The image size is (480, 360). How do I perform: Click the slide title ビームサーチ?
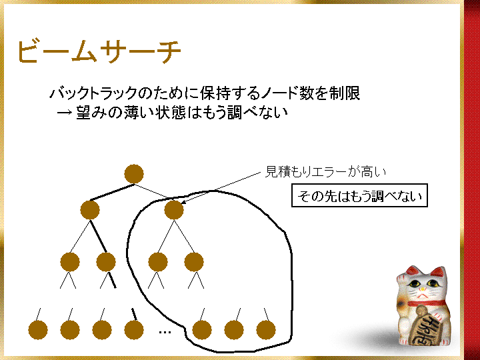[x=99, y=51]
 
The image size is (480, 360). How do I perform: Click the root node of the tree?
[x=134, y=174]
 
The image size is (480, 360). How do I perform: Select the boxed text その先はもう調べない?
[x=359, y=195]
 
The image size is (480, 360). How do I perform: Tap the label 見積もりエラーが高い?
[x=325, y=172]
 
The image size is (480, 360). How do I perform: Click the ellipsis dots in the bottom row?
[x=165, y=332]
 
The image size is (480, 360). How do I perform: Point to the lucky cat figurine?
[x=422, y=309]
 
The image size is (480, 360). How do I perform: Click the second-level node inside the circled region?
[x=174, y=210]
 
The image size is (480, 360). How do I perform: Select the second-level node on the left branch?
[x=90, y=210]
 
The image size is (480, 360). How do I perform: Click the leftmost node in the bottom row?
[x=38, y=330]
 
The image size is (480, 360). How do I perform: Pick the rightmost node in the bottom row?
[x=266, y=330]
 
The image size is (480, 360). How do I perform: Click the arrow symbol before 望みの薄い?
[x=65, y=113]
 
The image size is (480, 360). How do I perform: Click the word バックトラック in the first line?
[x=93, y=93]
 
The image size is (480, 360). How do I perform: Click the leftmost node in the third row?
[x=70, y=262]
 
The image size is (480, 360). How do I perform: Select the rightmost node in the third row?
[x=194, y=262]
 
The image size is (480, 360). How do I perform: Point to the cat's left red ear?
[x=411, y=271]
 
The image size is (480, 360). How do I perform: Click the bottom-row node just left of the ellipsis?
[x=134, y=330]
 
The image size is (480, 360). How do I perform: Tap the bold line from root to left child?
[x=112, y=192]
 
